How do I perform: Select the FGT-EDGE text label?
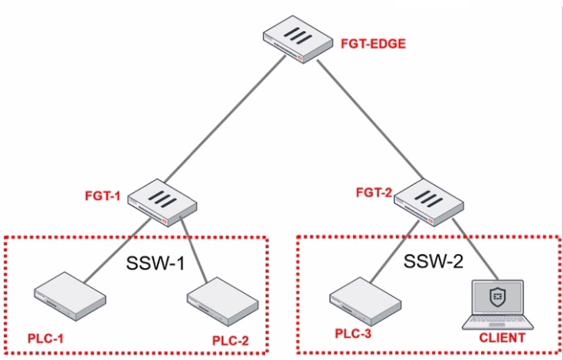pos(372,44)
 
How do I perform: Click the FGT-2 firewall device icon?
pos(427,201)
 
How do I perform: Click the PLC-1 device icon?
pos(70,298)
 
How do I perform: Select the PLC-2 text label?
pos(231,339)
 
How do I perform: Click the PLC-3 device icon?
pos(362,296)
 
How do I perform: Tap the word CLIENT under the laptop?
pos(502,337)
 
